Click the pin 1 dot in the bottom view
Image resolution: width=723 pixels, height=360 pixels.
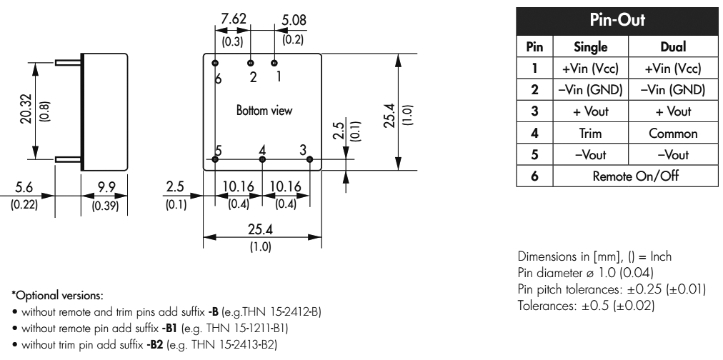274,63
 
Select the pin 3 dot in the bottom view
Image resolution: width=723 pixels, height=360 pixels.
309,159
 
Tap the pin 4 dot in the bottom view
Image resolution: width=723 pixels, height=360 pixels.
262,159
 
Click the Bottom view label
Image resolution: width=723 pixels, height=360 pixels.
264,111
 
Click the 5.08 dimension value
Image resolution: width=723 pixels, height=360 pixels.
293,19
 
